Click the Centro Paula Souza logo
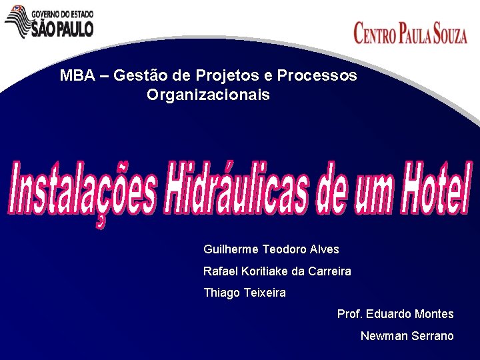[410, 32]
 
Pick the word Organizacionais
[208, 95]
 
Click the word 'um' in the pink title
[366, 189]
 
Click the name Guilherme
[231, 249]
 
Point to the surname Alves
[325, 249]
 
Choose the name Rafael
[220, 271]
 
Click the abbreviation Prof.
[350, 314]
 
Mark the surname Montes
[434, 314]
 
